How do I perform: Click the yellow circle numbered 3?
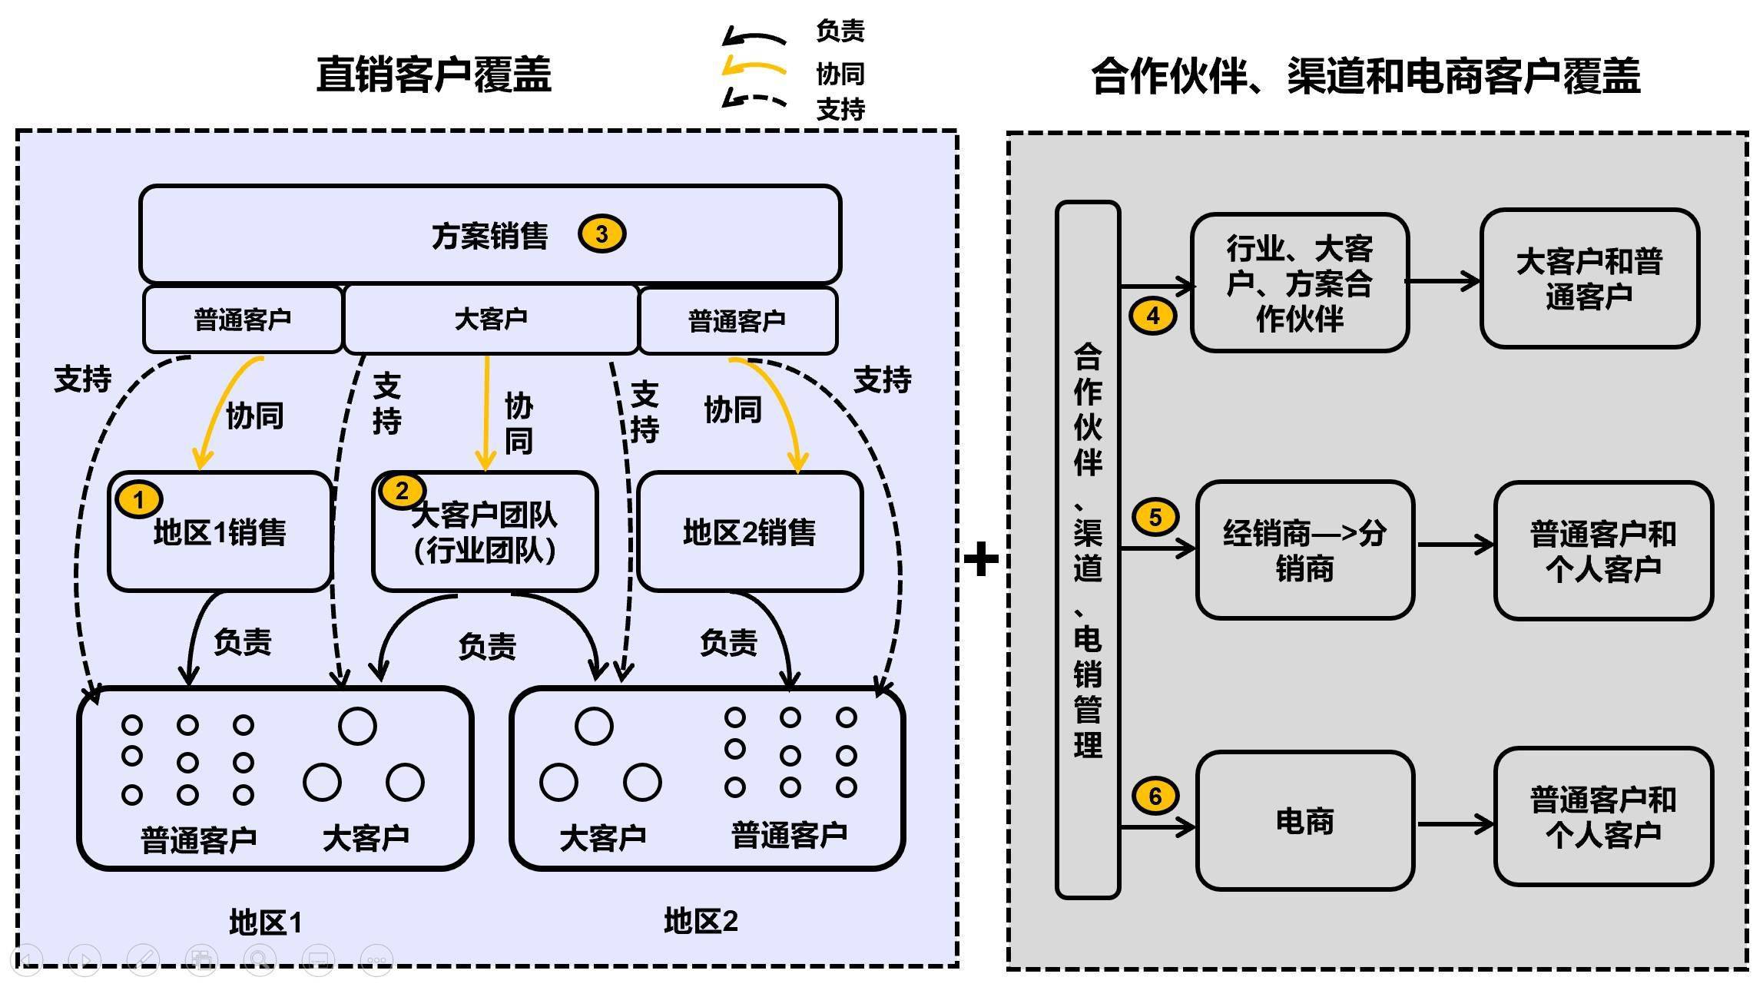(x=601, y=234)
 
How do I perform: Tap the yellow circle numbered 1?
(x=138, y=499)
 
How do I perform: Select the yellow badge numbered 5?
(x=1155, y=517)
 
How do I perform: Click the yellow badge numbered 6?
(x=1155, y=796)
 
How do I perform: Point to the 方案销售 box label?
(x=489, y=236)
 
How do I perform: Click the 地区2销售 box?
(x=749, y=532)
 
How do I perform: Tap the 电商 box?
(x=1304, y=821)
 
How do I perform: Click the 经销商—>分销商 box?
(x=1304, y=550)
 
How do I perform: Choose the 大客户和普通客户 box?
(x=1589, y=279)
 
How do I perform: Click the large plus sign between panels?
(x=981, y=559)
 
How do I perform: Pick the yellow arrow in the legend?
(x=754, y=68)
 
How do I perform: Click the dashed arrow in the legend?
(x=754, y=101)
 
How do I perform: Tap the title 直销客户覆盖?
(x=433, y=75)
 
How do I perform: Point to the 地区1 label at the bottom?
(x=266, y=922)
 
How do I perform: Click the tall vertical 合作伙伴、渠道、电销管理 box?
(x=1088, y=549)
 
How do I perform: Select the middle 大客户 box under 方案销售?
(x=490, y=319)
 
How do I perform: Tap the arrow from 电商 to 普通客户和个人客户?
(x=1454, y=824)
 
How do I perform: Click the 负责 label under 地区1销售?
(x=243, y=641)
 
